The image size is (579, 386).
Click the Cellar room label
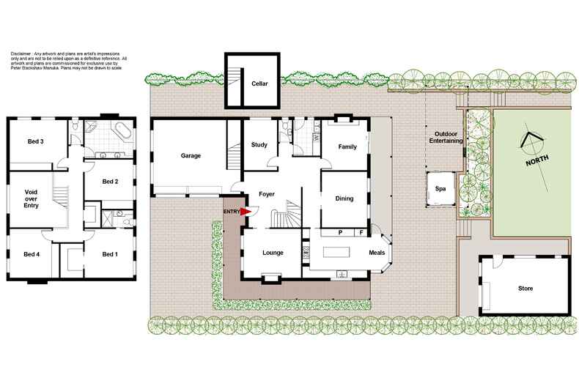(259, 83)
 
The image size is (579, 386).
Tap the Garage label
(191, 155)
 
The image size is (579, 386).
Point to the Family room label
(347, 146)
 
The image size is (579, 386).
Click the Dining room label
(344, 198)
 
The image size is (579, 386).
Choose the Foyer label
(266, 194)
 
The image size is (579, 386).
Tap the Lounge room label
(273, 253)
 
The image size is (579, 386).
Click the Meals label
(376, 253)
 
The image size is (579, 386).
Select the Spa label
(440, 188)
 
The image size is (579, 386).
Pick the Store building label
(524, 288)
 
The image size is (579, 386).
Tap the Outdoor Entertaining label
(446, 138)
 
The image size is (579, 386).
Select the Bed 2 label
(110, 182)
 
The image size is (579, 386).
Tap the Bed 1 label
(109, 254)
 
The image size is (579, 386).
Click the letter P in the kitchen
(342, 233)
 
